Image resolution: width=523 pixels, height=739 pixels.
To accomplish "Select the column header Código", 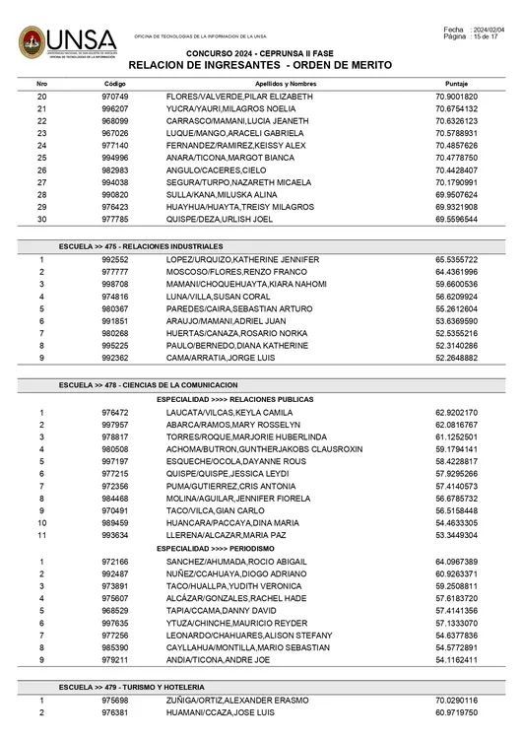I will coord(114,85).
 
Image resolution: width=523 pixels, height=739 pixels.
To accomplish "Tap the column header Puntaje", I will coord(456,85).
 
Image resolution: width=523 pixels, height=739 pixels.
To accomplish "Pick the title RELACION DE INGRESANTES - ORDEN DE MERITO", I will coord(260,65).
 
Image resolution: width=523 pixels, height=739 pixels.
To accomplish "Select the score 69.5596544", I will coord(456,219).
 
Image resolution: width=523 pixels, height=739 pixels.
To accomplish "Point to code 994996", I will coord(114,158).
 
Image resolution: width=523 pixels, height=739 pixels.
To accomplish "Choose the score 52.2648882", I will coord(456,359).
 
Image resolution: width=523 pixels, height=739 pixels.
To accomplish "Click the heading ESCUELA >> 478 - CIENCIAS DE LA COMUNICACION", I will coord(148,383).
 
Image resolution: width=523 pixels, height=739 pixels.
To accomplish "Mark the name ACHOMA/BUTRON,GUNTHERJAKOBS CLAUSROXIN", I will coord(264,448).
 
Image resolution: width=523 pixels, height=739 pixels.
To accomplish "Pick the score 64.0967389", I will coord(456,561).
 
